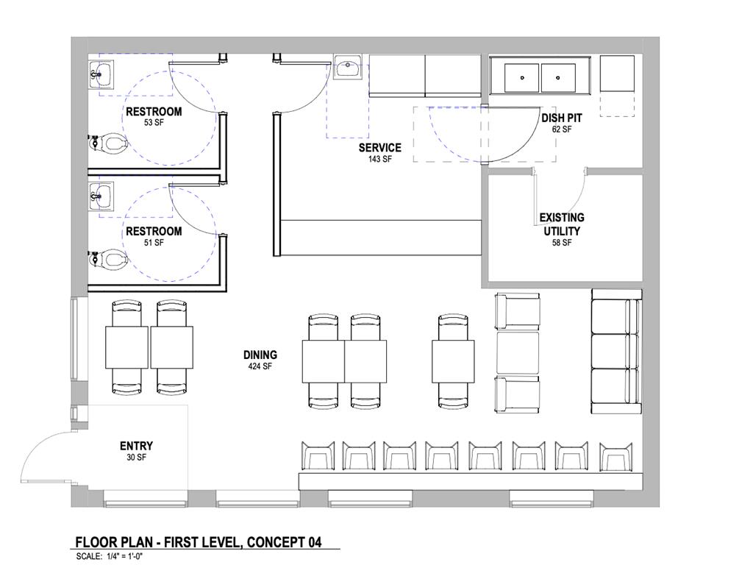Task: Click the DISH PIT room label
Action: pos(563,118)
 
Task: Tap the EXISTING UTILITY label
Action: pos(562,224)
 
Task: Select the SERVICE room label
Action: pos(379,148)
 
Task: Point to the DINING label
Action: pos(260,355)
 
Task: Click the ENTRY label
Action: pos(136,446)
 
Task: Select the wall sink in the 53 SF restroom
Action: pos(102,74)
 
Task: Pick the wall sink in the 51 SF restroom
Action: pos(102,195)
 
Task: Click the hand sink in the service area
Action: pos(346,68)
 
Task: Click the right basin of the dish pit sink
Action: pos(559,77)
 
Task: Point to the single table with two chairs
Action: pos(453,360)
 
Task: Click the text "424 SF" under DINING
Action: pos(260,366)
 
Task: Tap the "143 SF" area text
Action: pos(379,159)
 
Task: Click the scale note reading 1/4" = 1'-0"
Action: pos(118,557)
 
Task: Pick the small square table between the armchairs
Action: pos(518,354)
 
